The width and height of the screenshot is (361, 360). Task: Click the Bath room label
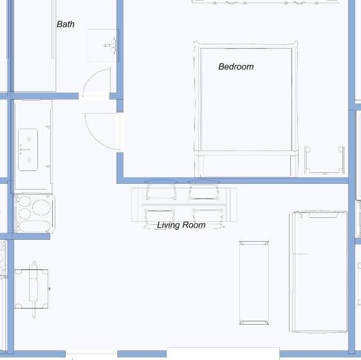tap(66, 24)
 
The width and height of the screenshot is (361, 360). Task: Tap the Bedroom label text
tap(236, 67)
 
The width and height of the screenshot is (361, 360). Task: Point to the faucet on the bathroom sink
tap(111, 45)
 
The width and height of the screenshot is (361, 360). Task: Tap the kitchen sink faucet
tap(25, 150)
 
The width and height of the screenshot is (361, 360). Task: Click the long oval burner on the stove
tap(34, 226)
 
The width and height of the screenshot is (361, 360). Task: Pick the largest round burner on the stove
tap(41, 207)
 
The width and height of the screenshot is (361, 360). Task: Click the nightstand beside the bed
tap(324, 160)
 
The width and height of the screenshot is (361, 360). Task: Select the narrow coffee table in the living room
tap(254, 283)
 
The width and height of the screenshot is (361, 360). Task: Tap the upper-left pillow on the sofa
tap(161, 190)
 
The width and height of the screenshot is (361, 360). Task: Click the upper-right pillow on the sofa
tap(203, 190)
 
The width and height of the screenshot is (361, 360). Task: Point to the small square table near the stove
tap(32, 289)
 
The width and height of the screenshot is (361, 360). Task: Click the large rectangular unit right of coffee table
tap(318, 272)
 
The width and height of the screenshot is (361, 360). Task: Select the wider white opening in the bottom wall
tap(223, 354)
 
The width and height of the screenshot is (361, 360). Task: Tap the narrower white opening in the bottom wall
tap(91, 354)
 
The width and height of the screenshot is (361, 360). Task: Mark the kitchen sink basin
tap(28, 150)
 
